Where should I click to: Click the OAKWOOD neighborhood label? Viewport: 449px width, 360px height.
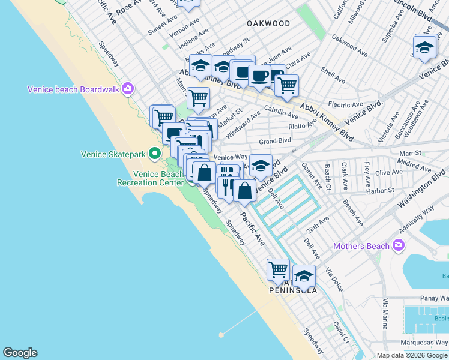(268, 23)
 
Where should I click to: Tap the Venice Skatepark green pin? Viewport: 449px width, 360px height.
(154, 154)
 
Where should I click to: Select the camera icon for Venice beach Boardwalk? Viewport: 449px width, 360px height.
(128, 89)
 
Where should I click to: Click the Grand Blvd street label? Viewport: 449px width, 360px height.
(274, 141)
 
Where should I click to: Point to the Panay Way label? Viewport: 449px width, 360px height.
(434, 298)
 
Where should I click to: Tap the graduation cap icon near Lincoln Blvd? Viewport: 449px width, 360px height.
(424, 47)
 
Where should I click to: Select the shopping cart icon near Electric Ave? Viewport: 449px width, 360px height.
(287, 85)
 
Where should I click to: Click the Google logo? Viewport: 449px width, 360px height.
(20, 353)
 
